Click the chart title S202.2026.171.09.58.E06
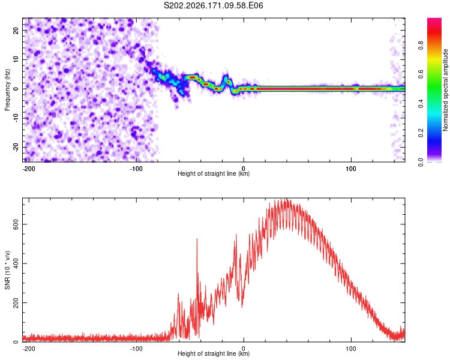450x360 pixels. tap(213, 5)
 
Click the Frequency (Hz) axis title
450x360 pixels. tap(7, 89)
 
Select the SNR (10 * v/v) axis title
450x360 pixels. tap(7, 270)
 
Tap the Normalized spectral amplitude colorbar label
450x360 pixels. tap(445, 90)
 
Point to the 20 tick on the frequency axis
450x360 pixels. tap(16, 30)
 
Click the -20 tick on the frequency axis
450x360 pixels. tap(16, 147)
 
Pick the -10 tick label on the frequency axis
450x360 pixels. tap(16, 118)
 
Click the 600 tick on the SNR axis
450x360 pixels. tap(16, 224)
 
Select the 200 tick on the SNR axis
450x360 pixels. tap(16, 302)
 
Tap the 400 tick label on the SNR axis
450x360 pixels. tap(16, 263)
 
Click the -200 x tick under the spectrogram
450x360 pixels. tap(29, 169)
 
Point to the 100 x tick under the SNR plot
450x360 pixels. tap(351, 349)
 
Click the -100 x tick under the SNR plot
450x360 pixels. tap(136, 349)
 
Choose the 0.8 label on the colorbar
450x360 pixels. tap(421, 46)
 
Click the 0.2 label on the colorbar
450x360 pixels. tap(421, 133)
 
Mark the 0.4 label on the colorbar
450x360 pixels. tap(421, 104)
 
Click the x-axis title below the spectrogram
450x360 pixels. tap(214, 173)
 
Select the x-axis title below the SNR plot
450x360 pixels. tap(214, 353)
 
